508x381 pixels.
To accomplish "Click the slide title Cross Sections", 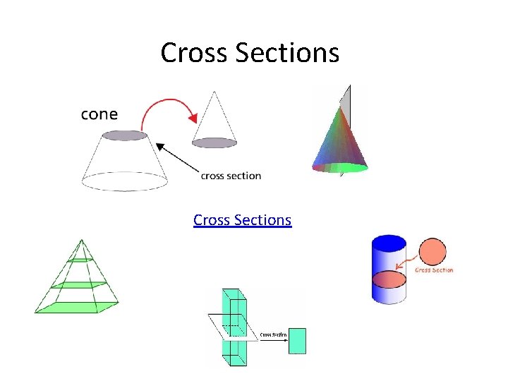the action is pos(250,52).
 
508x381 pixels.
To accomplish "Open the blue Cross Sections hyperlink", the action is pos(242,220).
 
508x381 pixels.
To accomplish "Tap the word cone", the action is pos(99,114).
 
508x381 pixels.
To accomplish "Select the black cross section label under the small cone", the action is pos(231,176).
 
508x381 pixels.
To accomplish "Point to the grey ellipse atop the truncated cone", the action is pos(125,135).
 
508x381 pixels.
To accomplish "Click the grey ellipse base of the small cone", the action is pos(214,143).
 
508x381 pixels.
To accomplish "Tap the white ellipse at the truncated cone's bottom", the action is pos(125,181).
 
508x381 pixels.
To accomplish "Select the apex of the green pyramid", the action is pos(81,241).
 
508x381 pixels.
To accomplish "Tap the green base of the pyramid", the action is pos(76,307).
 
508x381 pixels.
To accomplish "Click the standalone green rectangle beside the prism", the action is pos(297,339).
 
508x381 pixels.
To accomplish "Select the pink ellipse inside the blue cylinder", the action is pos(389,279).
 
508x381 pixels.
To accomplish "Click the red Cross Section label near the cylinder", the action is pos(434,270).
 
